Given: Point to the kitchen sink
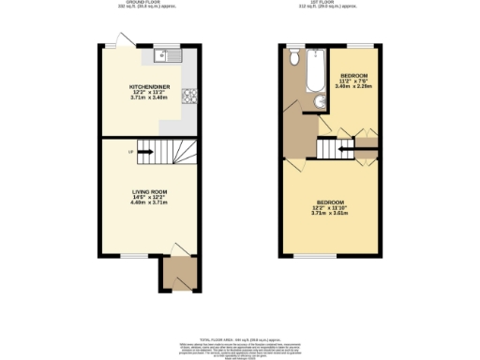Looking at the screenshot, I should click(168, 55).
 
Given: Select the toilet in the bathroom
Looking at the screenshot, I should click(294, 59).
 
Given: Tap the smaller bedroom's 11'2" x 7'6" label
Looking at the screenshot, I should click(353, 82).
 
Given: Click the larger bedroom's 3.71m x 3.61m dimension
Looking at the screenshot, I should click(329, 213).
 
